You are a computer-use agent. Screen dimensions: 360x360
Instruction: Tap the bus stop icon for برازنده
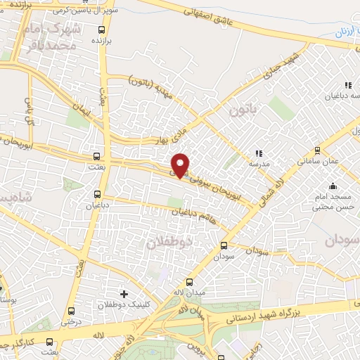[103, 30]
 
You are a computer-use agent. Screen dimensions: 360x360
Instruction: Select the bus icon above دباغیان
[98, 193]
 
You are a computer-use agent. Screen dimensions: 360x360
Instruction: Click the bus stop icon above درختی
[68, 310]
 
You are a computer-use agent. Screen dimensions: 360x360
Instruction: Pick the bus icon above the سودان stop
[224, 245]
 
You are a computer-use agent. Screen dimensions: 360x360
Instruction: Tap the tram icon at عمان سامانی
[317, 150]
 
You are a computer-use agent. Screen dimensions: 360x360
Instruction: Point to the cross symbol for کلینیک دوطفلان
[124, 293]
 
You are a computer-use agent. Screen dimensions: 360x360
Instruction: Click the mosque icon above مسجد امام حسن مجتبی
[332, 186]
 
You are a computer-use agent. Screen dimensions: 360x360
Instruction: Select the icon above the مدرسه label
[259, 152]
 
